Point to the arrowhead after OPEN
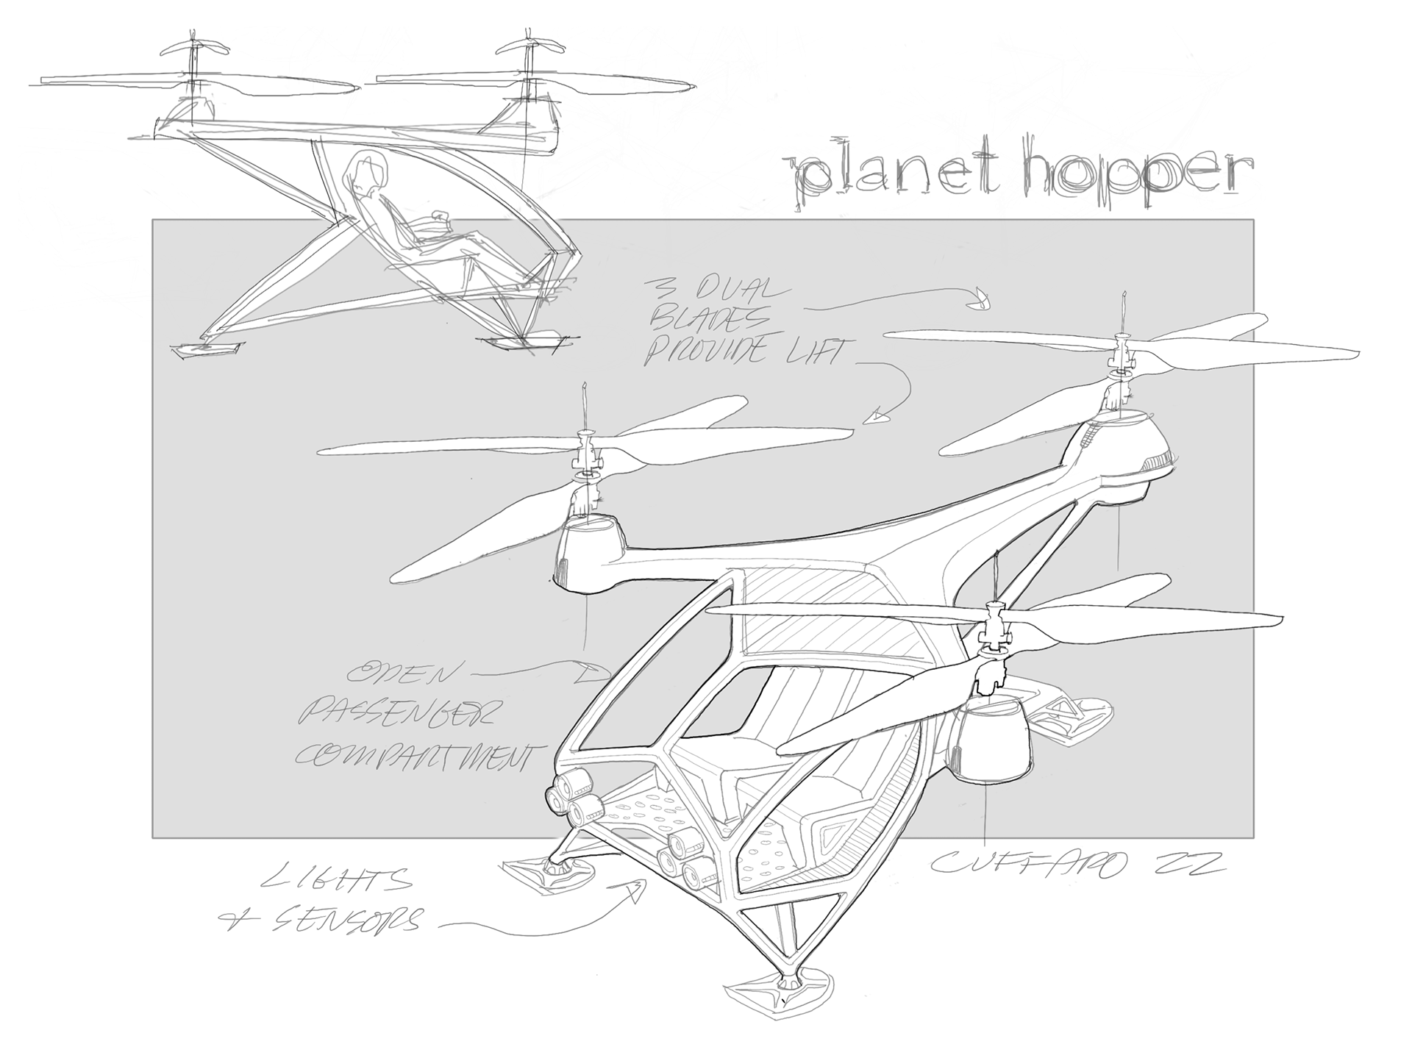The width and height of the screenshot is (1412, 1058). [599, 671]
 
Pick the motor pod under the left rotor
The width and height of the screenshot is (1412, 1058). [588, 551]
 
